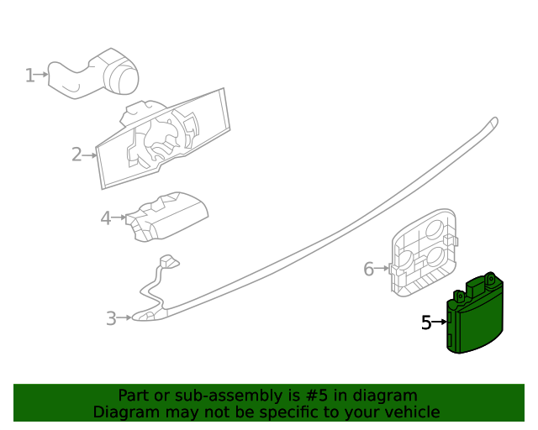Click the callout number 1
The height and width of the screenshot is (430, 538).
tap(29, 76)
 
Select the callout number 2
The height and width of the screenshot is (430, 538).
tap(76, 155)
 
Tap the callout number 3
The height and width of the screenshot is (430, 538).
tap(111, 318)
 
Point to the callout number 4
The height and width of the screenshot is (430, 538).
tap(105, 218)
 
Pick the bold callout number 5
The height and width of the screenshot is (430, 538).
tap(426, 322)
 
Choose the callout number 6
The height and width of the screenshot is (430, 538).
tap(368, 270)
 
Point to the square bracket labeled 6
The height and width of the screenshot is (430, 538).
tap(425, 252)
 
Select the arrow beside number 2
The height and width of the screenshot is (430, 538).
tap(90, 155)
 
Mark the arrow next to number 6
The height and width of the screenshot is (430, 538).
tap(382, 270)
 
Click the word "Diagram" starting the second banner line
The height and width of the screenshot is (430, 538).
tap(124, 412)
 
